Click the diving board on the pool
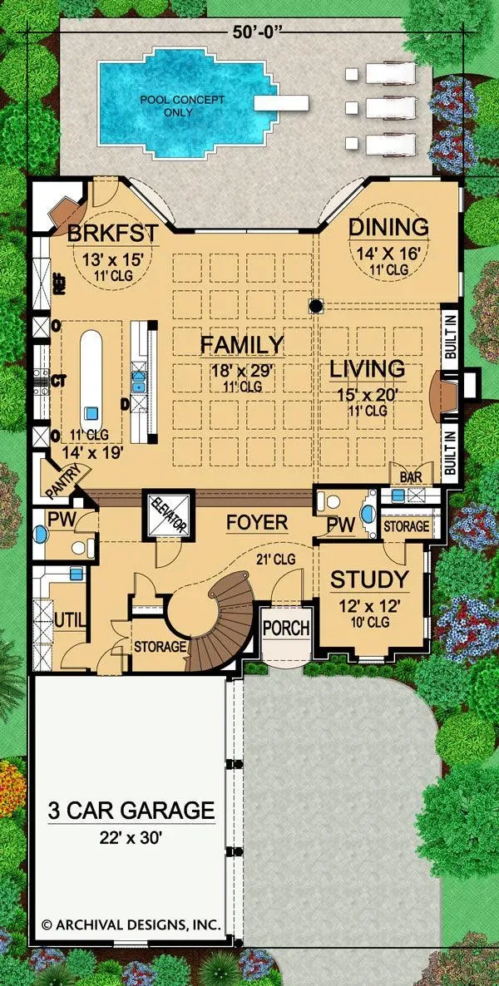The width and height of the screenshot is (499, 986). [x=281, y=102]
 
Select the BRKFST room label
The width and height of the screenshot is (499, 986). [x=112, y=233]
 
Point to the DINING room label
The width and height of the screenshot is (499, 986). [x=389, y=226]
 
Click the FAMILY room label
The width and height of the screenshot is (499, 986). [x=242, y=344]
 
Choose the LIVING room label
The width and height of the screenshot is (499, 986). [x=368, y=369]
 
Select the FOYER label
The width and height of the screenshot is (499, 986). [x=257, y=523]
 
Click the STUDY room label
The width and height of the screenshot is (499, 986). [x=370, y=579]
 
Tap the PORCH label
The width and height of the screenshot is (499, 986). [x=286, y=628]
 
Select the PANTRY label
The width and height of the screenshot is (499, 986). [x=61, y=479]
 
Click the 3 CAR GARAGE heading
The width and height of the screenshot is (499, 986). [x=131, y=810]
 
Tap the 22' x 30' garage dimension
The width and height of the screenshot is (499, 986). [x=131, y=837]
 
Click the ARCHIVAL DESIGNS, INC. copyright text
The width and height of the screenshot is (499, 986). [x=131, y=924]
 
